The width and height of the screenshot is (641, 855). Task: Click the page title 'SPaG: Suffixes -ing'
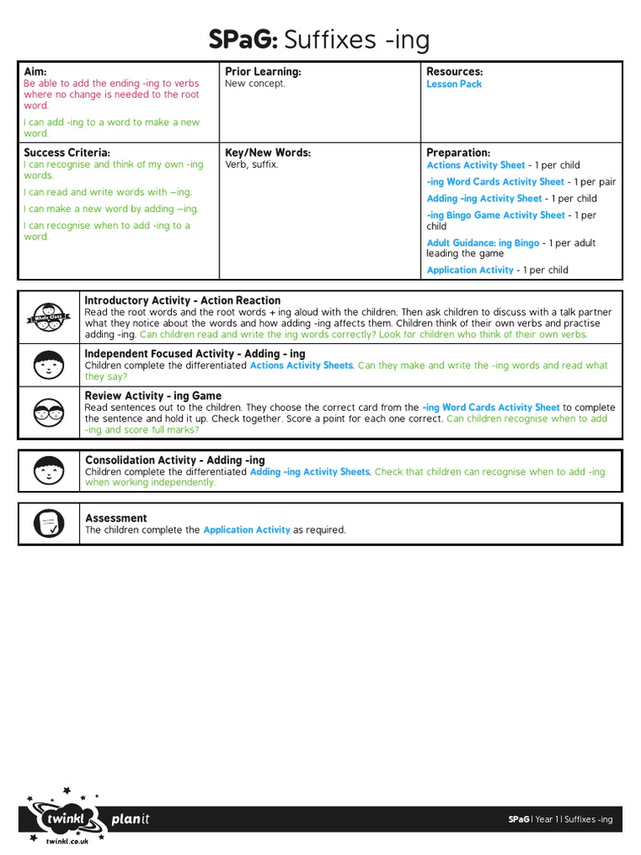(320, 39)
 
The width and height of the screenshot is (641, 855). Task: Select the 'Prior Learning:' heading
(262, 72)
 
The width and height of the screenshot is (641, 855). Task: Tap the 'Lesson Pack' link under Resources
(454, 84)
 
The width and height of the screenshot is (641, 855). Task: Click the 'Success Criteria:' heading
(67, 153)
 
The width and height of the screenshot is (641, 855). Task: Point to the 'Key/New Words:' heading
(267, 153)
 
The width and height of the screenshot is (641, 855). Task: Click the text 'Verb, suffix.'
(251, 165)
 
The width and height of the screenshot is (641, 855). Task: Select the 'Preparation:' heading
(458, 153)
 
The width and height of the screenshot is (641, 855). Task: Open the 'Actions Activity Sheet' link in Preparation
(476, 165)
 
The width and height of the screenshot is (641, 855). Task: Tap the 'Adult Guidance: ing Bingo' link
(482, 243)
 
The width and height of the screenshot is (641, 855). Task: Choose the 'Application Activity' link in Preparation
(470, 271)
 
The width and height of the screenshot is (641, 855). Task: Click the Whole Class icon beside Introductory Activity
(48, 317)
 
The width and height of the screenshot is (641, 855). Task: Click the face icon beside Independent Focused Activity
(48, 365)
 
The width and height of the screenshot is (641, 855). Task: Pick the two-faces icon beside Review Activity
(48, 411)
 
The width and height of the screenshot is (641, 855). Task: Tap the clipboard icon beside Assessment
(48, 524)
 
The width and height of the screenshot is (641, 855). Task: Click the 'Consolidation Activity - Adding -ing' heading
(174, 460)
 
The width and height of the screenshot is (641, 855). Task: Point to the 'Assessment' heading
(116, 518)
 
